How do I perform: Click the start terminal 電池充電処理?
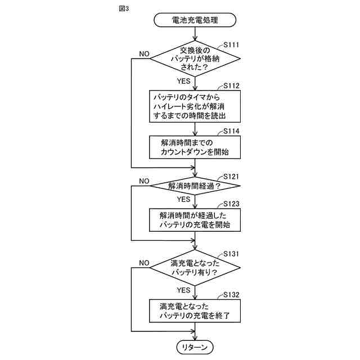[x=195, y=21]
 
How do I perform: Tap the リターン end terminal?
[x=195, y=347]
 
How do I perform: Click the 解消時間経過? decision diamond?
[x=195, y=186]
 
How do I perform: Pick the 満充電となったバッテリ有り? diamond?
[x=195, y=268]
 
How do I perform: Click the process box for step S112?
[x=195, y=106]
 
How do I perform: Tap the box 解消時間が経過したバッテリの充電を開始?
[x=195, y=220]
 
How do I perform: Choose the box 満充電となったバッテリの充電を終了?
[x=195, y=311]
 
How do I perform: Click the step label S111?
[x=232, y=43]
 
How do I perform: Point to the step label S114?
[x=232, y=131]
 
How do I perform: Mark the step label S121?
[x=232, y=176]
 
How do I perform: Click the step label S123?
[x=232, y=203]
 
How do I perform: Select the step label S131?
[x=232, y=254]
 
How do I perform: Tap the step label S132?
[x=232, y=295]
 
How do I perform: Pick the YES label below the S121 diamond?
[x=184, y=199]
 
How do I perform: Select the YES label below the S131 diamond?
[x=184, y=290]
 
